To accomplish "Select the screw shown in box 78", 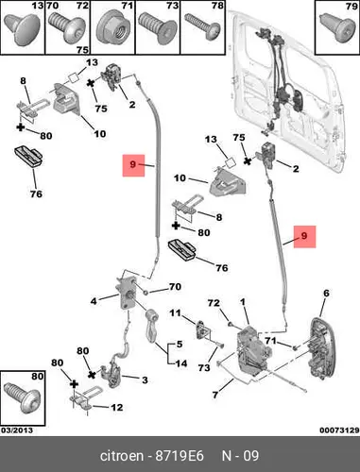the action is (x=202, y=26).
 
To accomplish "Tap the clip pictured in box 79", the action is (x=337, y=26).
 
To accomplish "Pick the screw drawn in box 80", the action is (x=23, y=397).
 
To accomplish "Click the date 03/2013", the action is (x=17, y=430).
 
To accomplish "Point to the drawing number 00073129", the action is (x=339, y=430).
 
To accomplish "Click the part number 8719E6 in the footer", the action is (x=180, y=456).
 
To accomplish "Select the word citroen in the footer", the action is (x=121, y=456).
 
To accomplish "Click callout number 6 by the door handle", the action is (x=326, y=293).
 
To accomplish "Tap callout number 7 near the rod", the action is (x=215, y=395).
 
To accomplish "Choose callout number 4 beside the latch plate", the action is (x=94, y=301).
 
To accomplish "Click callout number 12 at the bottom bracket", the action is (x=116, y=407).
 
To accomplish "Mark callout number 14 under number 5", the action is (x=181, y=363).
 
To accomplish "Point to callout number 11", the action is (x=175, y=313).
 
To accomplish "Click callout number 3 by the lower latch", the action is (x=145, y=379).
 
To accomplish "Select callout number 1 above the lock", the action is (x=243, y=302).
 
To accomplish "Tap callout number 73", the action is (x=204, y=367).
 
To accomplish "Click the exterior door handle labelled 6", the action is (x=322, y=347).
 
